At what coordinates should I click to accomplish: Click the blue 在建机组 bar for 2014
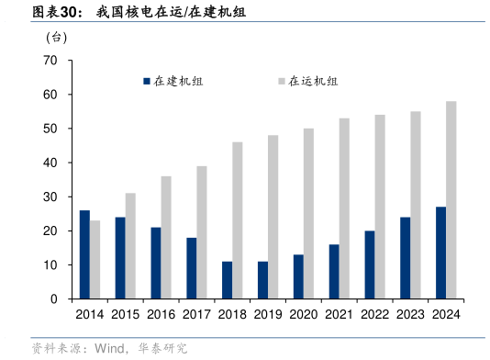pos(84,254)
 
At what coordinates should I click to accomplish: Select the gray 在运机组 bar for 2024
pos(451,200)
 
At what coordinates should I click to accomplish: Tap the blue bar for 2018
pos(227,280)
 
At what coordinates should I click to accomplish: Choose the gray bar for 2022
pos(380,207)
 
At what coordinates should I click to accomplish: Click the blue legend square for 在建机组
pos(146,82)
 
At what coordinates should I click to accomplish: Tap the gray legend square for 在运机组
pos(281,82)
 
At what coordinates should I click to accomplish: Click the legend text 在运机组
pos(313,82)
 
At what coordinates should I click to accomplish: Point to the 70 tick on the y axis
pos(50,61)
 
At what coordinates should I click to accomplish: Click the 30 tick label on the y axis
pos(50,197)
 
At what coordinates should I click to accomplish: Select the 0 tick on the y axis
pos(53,299)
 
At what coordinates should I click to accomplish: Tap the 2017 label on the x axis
pos(196,314)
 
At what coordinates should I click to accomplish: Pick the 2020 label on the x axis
pos(304,314)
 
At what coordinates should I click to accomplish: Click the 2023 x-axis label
pos(410,314)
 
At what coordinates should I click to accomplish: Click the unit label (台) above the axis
pos(56,38)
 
